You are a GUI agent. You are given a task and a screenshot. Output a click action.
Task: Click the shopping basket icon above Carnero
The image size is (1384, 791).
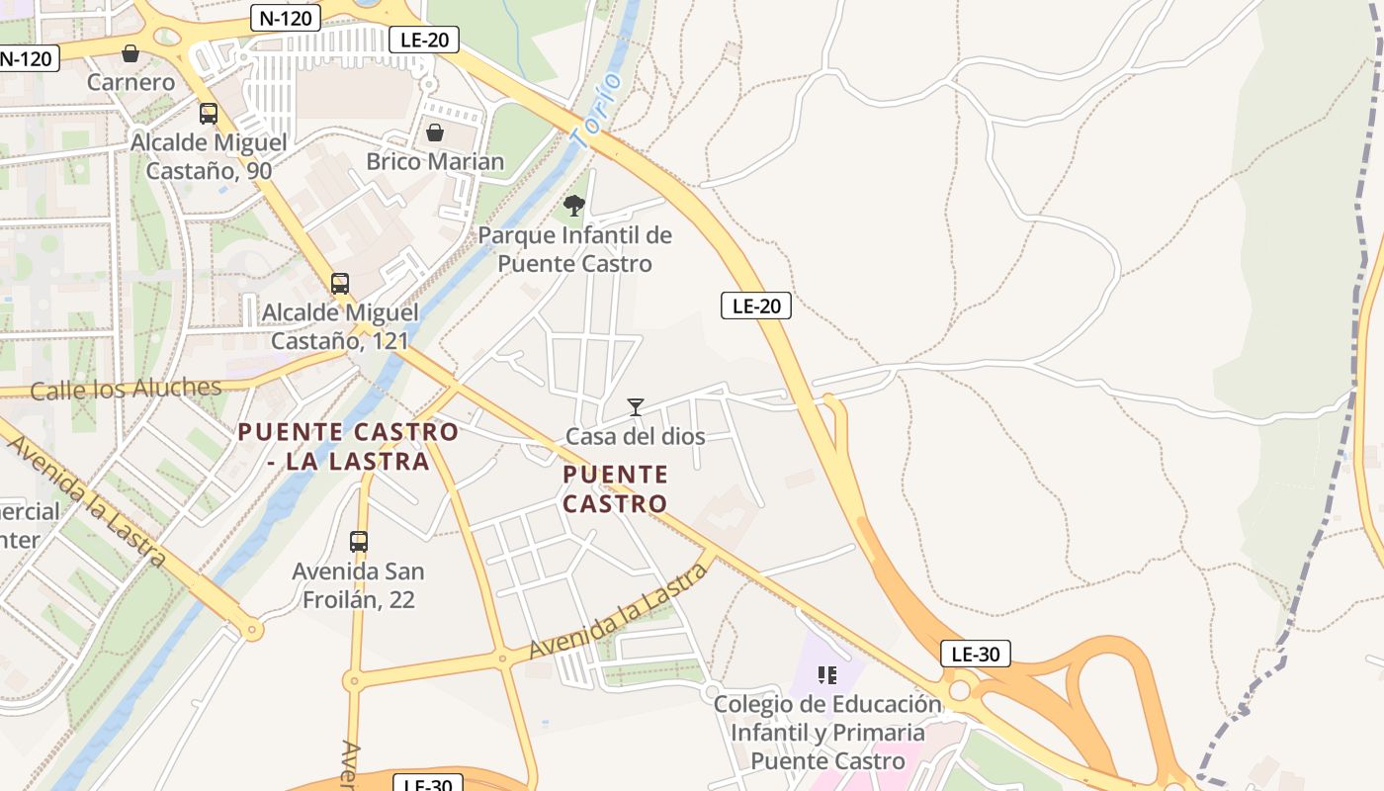130,53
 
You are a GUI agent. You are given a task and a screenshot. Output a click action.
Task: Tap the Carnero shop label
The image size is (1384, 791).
130,82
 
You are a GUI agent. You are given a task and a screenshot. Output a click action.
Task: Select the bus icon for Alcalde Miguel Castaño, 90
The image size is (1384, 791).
208,114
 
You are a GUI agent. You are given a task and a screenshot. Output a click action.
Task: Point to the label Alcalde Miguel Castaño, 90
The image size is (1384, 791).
209,156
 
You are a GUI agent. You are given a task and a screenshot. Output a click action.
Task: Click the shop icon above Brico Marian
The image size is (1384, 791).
434,132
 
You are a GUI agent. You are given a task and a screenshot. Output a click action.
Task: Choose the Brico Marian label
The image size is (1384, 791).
435,161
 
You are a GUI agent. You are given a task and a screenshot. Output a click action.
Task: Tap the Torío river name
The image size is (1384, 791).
597,111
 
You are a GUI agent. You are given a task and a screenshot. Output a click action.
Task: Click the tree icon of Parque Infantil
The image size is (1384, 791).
573,206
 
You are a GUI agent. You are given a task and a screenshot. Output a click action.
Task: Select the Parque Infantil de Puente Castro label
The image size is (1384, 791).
574,249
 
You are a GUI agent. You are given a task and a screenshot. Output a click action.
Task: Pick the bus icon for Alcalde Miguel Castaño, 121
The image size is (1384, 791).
339,284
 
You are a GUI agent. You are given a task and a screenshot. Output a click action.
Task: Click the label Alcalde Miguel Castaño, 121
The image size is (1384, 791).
340,326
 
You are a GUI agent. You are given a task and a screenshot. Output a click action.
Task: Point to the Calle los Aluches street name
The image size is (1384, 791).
126,389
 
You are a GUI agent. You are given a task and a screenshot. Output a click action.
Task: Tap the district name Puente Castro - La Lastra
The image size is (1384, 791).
348,446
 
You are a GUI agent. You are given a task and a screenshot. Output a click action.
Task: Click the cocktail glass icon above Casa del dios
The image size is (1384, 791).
635,407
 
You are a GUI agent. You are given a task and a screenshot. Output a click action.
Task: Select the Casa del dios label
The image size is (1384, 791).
635,436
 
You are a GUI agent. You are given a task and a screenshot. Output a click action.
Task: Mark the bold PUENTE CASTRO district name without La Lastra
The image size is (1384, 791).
615,488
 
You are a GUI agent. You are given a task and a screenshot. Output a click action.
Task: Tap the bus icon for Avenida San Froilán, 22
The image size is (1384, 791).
358,542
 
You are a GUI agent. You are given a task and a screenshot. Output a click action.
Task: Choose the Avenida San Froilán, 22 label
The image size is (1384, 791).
358,585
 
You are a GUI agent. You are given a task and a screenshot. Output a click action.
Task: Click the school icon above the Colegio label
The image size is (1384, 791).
827,675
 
